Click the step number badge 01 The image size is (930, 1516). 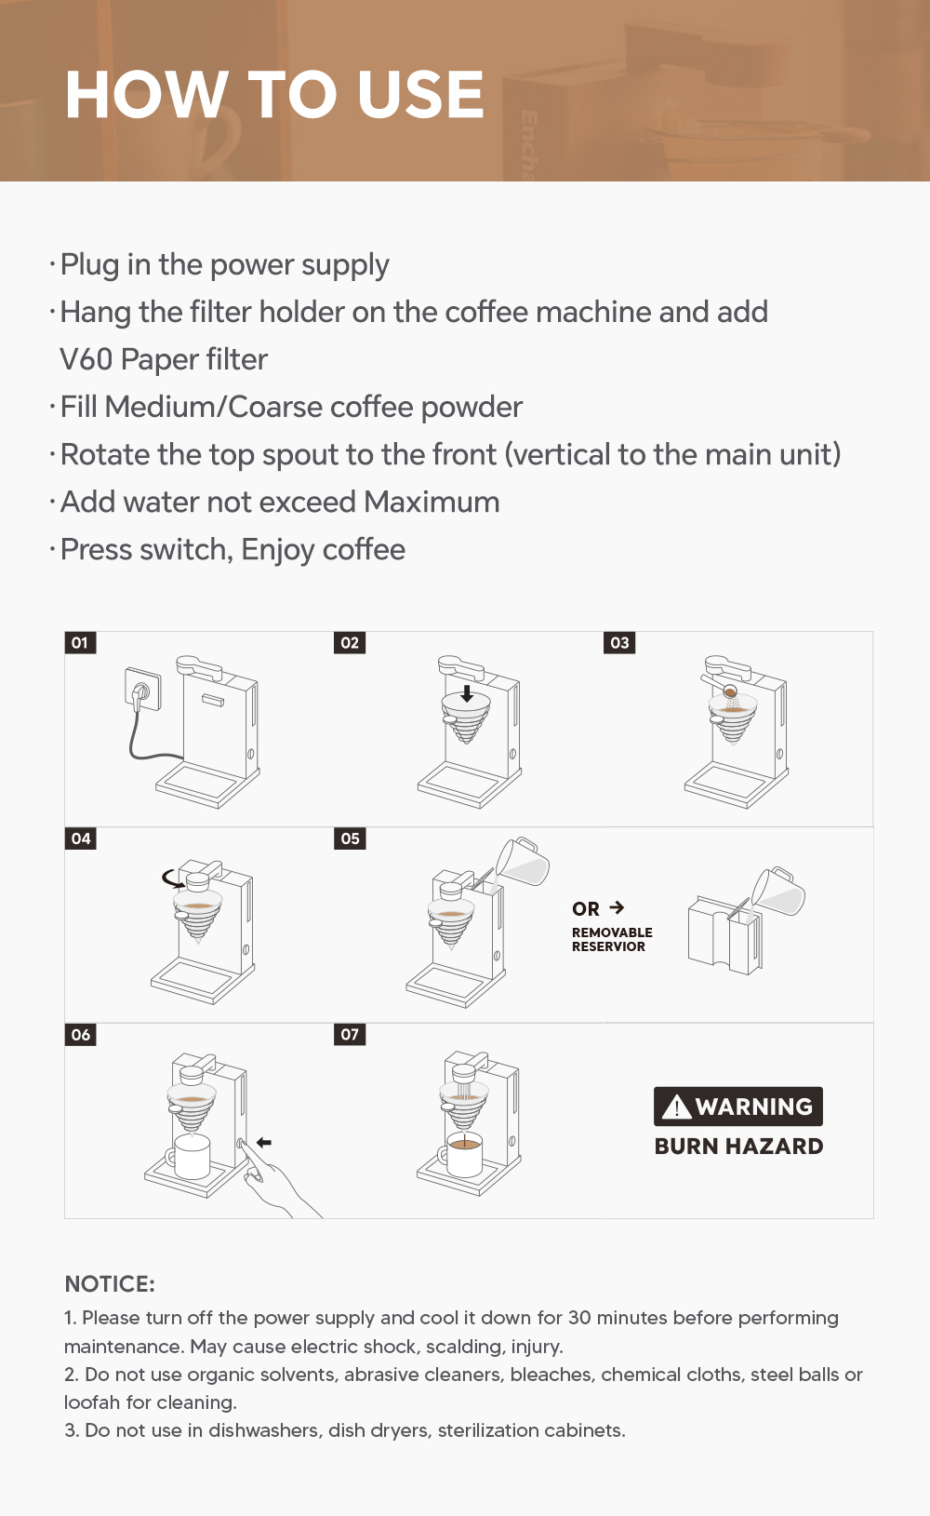click(80, 642)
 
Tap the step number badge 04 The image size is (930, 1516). click(80, 838)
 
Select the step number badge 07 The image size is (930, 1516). click(350, 1034)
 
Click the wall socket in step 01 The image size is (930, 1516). click(142, 689)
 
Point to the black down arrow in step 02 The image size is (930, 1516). click(467, 693)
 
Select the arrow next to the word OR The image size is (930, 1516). click(617, 907)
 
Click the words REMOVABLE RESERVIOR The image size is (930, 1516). click(612, 939)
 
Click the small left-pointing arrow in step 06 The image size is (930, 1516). click(264, 1143)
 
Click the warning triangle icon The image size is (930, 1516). click(676, 1107)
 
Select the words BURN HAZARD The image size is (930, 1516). click(738, 1146)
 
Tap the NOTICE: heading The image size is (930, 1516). click(110, 1284)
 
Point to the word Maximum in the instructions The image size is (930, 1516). click(432, 503)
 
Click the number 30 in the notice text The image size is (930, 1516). click(579, 1318)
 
